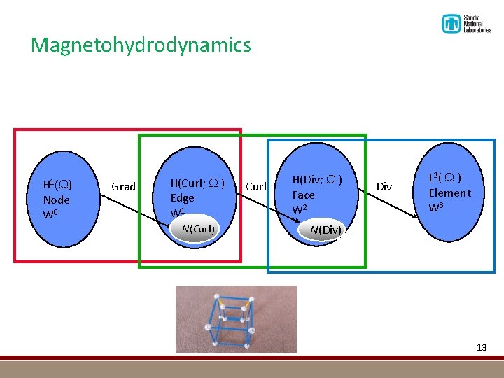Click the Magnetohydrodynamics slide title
point(141,45)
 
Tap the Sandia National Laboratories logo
point(466,23)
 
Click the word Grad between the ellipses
point(124,186)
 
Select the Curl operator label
point(256,186)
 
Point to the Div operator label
point(384,186)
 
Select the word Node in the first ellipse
point(56,199)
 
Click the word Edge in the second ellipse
point(183,198)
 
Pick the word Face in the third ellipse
point(303,195)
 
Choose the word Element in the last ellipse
point(449,192)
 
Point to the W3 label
point(437,207)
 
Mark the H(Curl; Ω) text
point(197,183)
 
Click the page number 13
point(481,348)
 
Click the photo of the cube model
point(236,319)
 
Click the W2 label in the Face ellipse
point(300,209)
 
